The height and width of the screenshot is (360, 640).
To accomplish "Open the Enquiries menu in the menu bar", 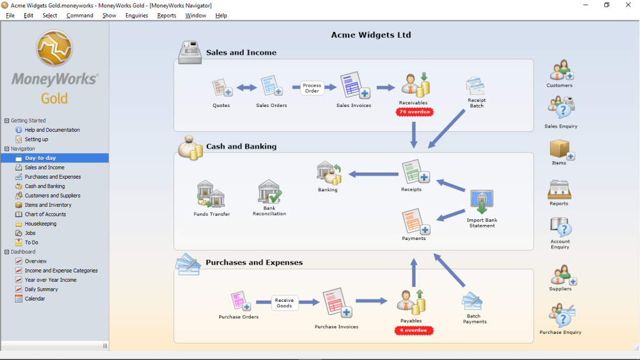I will click(136, 15).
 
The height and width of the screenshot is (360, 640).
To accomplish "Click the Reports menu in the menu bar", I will click(166, 15).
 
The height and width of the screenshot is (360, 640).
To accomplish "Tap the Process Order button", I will click(312, 88).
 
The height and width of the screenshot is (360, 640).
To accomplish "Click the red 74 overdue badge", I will click(414, 112).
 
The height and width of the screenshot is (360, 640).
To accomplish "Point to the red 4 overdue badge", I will click(413, 329).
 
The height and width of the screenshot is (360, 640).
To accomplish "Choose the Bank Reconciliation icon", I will click(269, 192).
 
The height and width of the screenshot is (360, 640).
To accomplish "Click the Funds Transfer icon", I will click(211, 194).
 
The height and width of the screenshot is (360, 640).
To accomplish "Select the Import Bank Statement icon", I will click(481, 202).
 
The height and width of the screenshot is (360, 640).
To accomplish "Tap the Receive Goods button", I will click(284, 303).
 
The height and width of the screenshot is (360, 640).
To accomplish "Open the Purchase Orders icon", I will click(241, 301).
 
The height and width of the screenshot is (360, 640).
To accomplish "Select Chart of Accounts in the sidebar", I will click(45, 214).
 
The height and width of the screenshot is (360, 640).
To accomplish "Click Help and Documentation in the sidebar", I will click(52, 130).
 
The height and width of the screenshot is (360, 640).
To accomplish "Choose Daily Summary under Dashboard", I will click(41, 289).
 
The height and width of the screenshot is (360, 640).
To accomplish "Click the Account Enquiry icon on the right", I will click(559, 227).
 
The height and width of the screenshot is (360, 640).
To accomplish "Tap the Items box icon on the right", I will click(559, 149).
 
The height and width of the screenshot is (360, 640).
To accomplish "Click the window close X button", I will click(627, 5).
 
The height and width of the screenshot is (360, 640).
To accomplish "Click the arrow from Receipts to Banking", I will click(373, 174).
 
